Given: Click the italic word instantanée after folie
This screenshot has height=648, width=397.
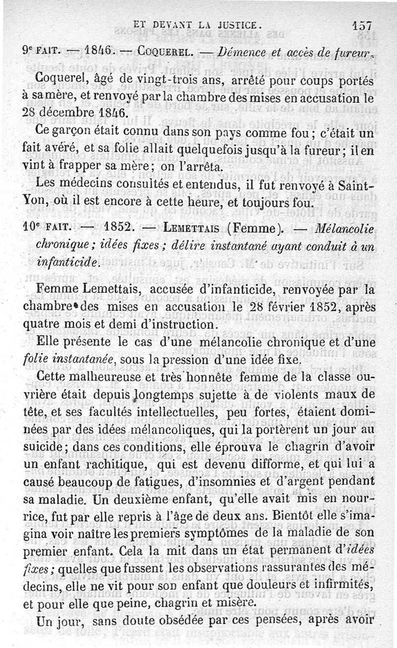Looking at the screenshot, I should coord(80,358).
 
